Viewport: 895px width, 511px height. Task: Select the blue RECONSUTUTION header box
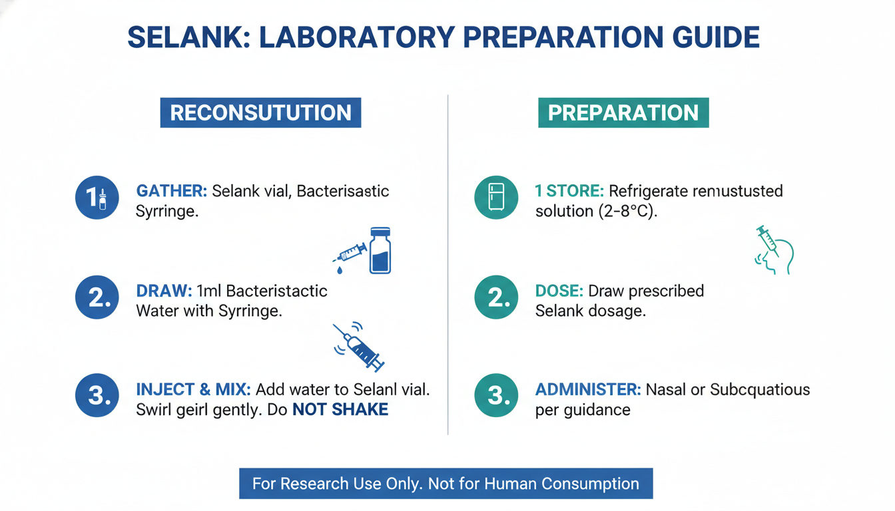pyautogui.click(x=260, y=112)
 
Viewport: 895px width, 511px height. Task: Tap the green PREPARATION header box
pyautogui.click(x=623, y=112)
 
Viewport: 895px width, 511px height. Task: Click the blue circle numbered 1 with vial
pyautogui.click(x=97, y=198)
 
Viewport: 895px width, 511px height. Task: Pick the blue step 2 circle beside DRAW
pyautogui.click(x=97, y=297)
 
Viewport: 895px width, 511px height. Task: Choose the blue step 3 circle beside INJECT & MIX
pyautogui.click(x=97, y=395)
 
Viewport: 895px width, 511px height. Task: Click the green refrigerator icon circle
pyautogui.click(x=496, y=198)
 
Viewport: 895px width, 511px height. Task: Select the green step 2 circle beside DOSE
pyautogui.click(x=496, y=297)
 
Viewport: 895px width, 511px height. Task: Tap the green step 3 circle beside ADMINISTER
pyautogui.click(x=496, y=395)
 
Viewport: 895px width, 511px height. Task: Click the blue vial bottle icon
pyautogui.click(x=380, y=250)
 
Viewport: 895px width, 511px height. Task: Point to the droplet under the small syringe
pyautogui.click(x=340, y=270)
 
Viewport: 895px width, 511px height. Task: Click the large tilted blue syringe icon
pyautogui.click(x=359, y=347)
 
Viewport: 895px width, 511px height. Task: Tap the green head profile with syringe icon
pyautogui.click(x=774, y=250)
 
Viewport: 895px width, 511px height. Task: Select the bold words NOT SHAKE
pyautogui.click(x=340, y=410)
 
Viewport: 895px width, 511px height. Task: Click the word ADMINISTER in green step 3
pyautogui.click(x=588, y=390)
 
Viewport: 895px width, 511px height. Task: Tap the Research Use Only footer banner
pyautogui.click(x=446, y=484)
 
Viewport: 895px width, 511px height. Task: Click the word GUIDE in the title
pyautogui.click(x=716, y=37)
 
